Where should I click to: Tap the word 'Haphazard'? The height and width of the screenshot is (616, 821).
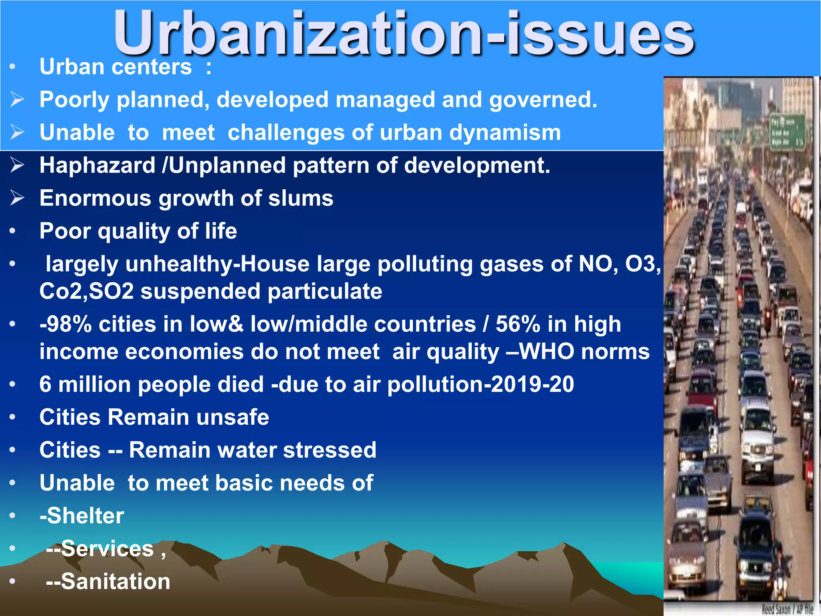pyautogui.click(x=97, y=165)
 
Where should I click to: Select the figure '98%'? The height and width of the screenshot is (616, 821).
pyautogui.click(x=68, y=324)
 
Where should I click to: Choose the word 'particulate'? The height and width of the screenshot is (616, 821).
pyautogui.click(x=325, y=291)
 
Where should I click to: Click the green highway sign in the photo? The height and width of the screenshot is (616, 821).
pyautogui.click(x=787, y=132)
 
